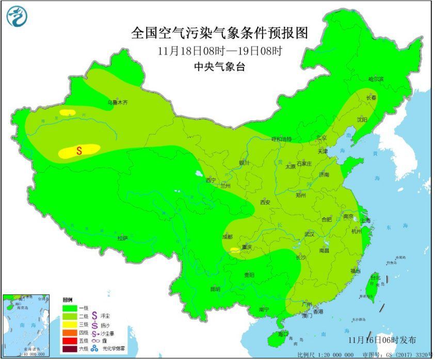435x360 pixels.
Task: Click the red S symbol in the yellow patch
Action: click(79, 151)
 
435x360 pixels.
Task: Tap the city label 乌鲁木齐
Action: click(117, 103)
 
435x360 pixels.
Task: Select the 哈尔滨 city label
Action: click(376, 79)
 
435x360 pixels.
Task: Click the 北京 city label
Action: click(321, 138)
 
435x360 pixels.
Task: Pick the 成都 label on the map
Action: click(227, 237)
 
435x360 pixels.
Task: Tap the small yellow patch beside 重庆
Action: click(235, 250)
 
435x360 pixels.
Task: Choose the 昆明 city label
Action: click(215, 289)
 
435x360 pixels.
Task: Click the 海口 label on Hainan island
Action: click(282, 334)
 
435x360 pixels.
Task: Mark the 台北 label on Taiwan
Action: click(375, 277)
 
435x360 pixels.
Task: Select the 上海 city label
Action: click(365, 220)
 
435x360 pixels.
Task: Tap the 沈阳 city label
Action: click(361, 120)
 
